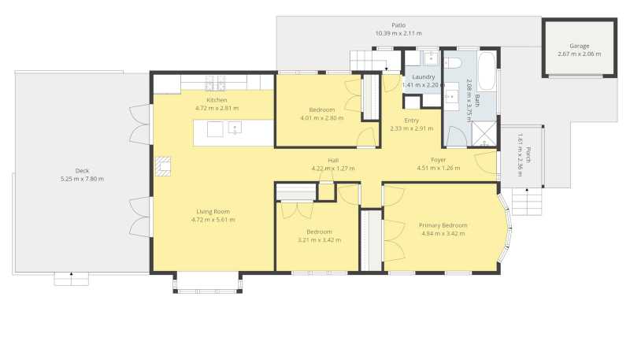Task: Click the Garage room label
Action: tap(579, 46)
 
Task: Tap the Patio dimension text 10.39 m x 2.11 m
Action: tap(398, 33)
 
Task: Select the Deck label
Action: tap(83, 171)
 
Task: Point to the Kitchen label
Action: tap(217, 100)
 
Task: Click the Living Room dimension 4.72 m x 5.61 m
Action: tap(213, 220)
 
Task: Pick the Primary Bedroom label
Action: tap(443, 225)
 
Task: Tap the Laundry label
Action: tap(424, 76)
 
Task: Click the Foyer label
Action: tap(439, 160)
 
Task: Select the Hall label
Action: tap(333, 161)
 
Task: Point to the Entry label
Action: tap(411, 121)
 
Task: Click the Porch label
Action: tap(528, 155)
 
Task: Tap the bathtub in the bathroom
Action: tap(487, 71)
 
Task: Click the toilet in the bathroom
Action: tap(452, 63)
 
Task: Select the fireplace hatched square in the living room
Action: tap(163, 166)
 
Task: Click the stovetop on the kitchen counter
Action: tap(215, 84)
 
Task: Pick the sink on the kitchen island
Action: tap(235, 128)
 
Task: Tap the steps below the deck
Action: tap(71, 279)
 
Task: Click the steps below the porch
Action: tap(527, 202)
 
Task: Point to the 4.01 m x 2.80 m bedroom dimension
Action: tap(322, 118)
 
